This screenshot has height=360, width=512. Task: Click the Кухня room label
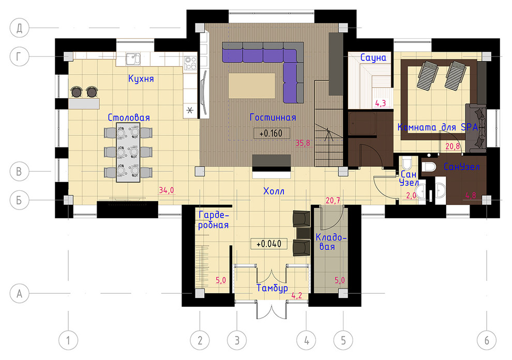click(141, 79)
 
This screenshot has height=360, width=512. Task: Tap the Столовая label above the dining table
click(129, 117)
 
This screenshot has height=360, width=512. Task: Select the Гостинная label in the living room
click(273, 117)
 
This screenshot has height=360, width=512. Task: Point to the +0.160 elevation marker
click(272, 133)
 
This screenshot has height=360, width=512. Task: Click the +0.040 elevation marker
click(269, 244)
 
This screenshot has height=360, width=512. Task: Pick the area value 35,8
click(303, 143)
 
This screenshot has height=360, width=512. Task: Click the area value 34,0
click(166, 190)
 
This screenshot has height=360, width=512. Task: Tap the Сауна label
click(373, 57)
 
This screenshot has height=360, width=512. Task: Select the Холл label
click(274, 191)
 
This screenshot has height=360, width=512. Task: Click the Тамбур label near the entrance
click(272, 288)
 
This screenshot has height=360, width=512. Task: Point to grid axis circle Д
click(20, 28)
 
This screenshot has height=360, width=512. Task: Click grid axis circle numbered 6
click(487, 340)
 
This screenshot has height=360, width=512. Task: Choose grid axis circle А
click(20, 293)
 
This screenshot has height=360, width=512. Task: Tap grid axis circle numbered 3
click(237, 340)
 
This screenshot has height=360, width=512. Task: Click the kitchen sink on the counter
click(133, 59)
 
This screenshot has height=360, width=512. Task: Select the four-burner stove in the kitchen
click(190, 63)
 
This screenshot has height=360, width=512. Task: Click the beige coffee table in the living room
click(252, 85)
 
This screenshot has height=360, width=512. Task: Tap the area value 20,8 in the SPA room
click(452, 146)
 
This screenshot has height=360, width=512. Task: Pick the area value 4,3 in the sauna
click(381, 103)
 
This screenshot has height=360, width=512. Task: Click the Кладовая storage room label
click(330, 242)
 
